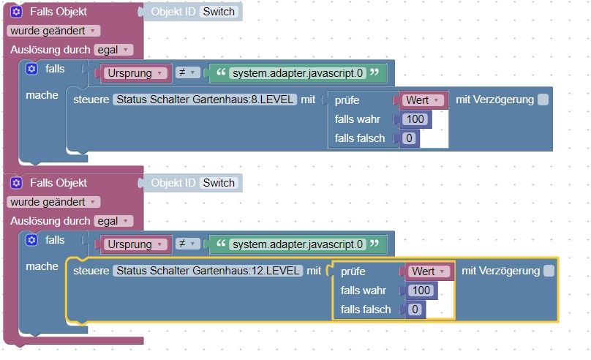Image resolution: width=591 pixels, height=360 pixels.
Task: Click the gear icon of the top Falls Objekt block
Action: click(16, 12)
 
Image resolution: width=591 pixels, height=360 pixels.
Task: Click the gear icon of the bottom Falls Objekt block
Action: click(16, 183)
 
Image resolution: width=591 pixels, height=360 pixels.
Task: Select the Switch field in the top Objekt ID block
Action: click(219, 12)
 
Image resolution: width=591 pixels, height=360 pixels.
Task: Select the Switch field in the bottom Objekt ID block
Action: click(219, 183)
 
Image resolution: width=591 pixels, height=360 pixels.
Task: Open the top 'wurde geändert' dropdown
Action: click(53, 31)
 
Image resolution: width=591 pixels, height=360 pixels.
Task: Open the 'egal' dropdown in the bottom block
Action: click(113, 221)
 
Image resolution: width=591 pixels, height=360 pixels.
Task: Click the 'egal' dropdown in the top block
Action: click(113, 50)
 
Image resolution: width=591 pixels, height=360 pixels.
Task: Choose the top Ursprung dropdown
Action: click(135, 73)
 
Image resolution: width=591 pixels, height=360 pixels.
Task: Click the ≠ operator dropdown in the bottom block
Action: click(187, 244)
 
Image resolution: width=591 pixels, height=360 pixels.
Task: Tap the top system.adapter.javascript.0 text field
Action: click(298, 73)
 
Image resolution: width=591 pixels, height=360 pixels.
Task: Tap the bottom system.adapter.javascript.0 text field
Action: click(298, 244)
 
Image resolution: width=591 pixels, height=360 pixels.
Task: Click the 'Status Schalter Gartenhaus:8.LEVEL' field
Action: click(205, 100)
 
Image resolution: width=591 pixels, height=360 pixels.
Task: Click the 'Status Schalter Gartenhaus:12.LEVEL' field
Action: click(208, 271)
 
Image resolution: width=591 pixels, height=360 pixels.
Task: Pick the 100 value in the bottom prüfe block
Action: click(421, 290)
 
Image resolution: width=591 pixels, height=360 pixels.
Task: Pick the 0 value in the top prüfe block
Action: click(409, 138)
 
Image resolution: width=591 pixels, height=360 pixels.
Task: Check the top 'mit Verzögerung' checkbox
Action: click(543, 100)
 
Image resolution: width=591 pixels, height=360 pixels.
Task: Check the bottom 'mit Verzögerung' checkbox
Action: click(549, 271)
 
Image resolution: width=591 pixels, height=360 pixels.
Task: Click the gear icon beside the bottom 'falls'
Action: click(31, 240)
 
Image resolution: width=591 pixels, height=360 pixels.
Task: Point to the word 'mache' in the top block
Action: click(42, 95)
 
